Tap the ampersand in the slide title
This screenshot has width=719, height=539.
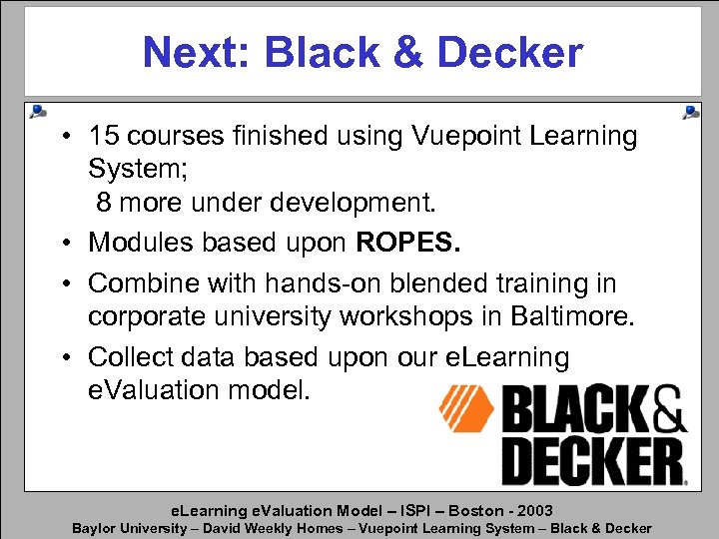[x=409, y=52]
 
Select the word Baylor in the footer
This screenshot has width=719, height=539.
[x=95, y=528]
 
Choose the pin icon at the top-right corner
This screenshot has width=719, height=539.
[x=690, y=112]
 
